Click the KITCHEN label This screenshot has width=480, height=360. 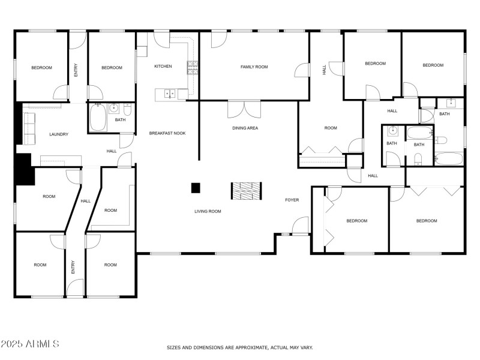163,67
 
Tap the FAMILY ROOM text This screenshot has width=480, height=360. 254,67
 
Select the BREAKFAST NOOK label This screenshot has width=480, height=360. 167,133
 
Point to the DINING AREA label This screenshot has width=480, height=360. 245,128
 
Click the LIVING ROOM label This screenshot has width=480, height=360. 208,211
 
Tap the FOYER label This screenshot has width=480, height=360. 292,199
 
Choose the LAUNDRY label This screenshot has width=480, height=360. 59,134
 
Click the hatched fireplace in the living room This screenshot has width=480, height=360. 247,190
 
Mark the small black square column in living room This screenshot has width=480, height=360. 196,188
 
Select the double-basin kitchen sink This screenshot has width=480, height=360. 169,94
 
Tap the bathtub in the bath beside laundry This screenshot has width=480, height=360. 98,118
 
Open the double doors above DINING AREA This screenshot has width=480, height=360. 245,110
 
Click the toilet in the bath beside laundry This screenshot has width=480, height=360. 127,110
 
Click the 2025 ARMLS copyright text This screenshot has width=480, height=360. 30,344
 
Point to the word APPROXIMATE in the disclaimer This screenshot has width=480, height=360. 248,347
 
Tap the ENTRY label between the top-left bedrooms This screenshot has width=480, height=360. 76,71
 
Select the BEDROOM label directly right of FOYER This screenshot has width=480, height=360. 357,221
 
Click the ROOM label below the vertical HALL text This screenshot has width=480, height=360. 331,128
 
